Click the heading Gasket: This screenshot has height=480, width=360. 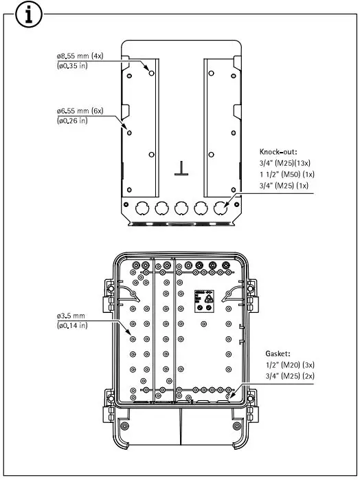278,351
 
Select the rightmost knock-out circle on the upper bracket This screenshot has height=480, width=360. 222,208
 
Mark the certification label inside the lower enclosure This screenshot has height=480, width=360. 204,298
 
